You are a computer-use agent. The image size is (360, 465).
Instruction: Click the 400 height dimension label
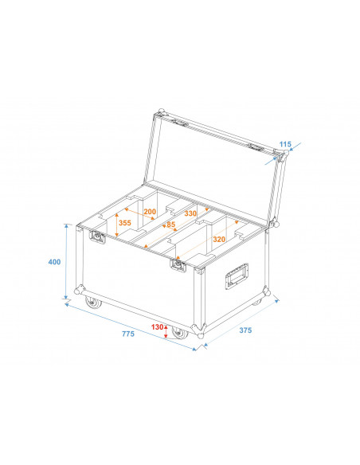(53, 262)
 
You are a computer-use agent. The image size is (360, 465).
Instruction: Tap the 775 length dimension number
(128, 334)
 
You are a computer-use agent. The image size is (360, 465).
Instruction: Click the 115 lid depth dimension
(285, 145)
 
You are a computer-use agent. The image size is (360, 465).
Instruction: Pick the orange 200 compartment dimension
(149, 213)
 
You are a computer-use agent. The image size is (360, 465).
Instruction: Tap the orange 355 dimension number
(125, 223)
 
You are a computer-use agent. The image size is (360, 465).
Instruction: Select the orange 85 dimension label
(171, 224)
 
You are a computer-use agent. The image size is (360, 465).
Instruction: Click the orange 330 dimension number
(190, 213)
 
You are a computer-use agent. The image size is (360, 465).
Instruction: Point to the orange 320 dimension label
(220, 239)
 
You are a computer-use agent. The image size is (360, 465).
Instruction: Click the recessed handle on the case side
(237, 276)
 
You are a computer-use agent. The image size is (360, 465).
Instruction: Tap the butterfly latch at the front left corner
(100, 236)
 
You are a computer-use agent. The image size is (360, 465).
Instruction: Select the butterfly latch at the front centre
(178, 264)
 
